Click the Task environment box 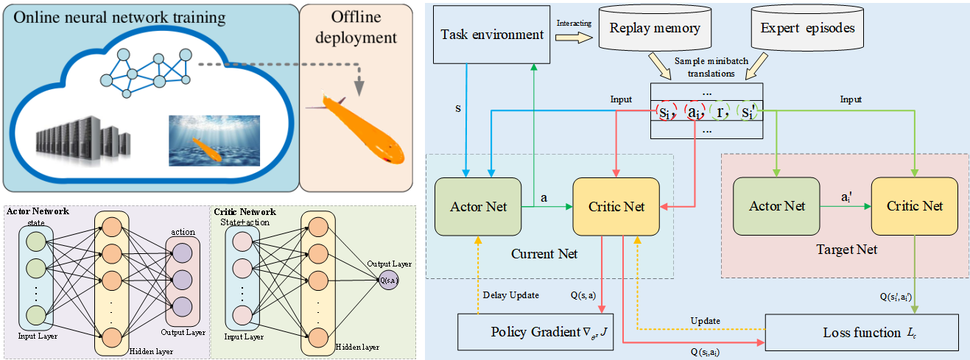tap(492, 35)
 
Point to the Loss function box tap(862, 332)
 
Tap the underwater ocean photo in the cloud tap(214, 140)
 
